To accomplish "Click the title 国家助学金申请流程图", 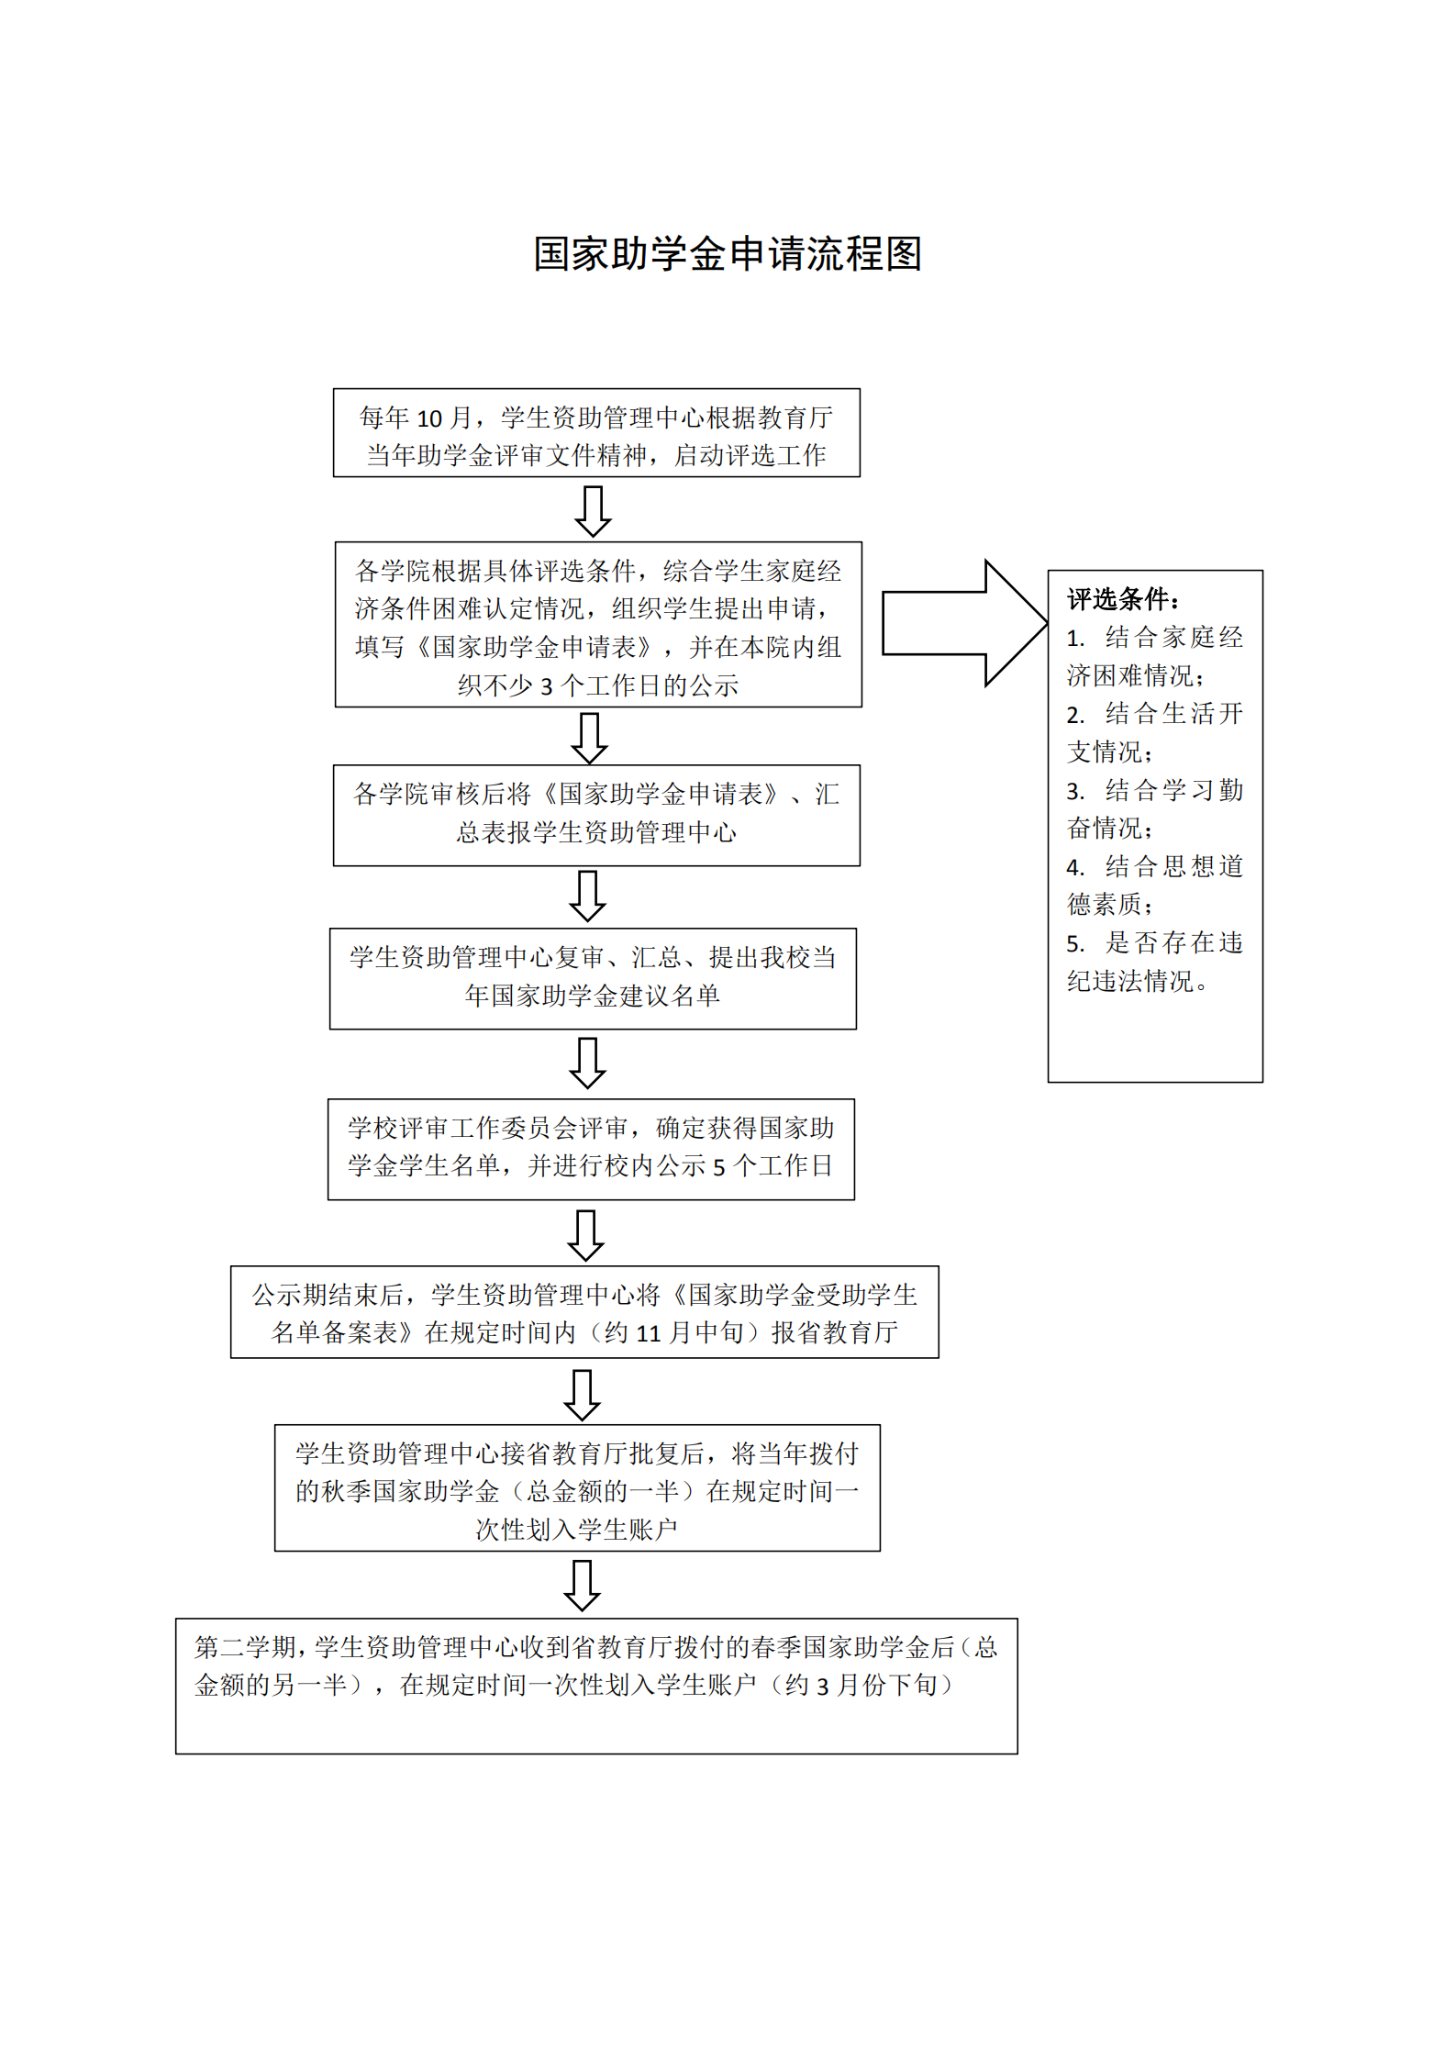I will coord(728,254).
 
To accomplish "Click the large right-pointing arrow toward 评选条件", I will coord(963,623).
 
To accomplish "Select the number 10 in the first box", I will coord(429,419).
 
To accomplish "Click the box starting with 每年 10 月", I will coord(596,433).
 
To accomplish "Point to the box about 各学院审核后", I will coord(596,815).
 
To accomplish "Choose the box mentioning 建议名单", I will coord(593,978).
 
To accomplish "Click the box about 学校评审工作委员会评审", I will coord(591,1149).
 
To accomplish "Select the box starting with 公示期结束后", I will coord(584,1312).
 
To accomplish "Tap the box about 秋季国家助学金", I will coord(577,1488).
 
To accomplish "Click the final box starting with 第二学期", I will coord(596,1687).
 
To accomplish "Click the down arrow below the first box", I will coord(593,510).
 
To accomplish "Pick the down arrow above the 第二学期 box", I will coord(582,1586).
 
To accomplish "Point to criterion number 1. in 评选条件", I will coord(1075,639).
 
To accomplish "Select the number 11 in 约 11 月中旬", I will coord(649,1334).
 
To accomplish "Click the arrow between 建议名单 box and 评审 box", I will coord(587,1063).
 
